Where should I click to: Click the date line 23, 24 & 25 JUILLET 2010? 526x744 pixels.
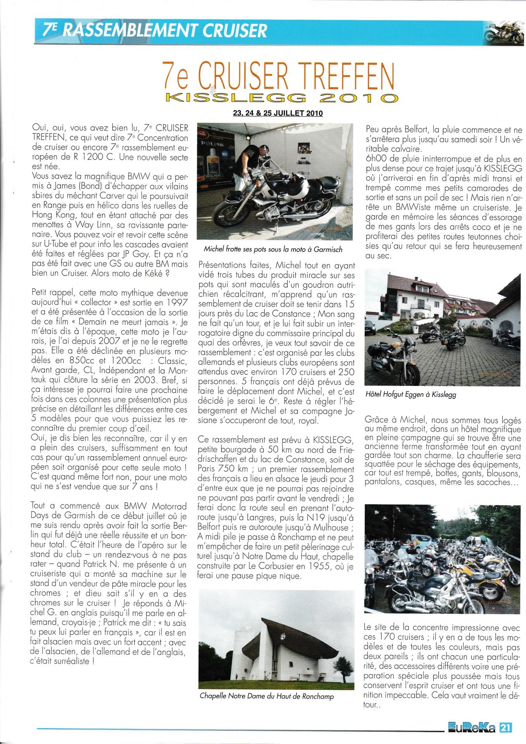[277, 114]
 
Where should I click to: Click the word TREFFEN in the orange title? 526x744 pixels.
[341, 76]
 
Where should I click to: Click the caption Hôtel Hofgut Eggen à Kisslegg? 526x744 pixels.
[410, 395]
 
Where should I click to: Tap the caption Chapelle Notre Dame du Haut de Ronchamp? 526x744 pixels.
[266, 696]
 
